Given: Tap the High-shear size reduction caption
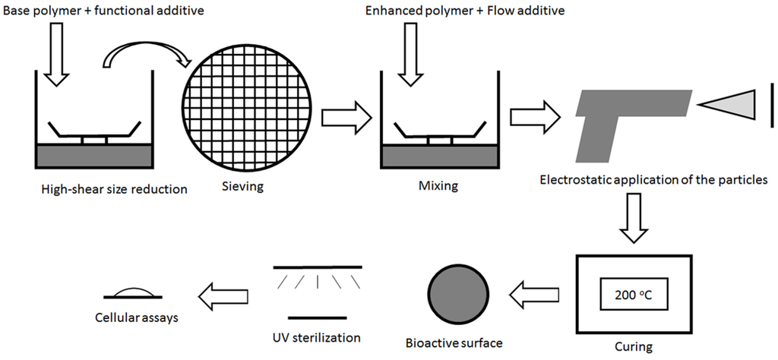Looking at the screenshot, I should coord(114,190).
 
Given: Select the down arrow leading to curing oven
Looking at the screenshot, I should coord(634,219).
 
